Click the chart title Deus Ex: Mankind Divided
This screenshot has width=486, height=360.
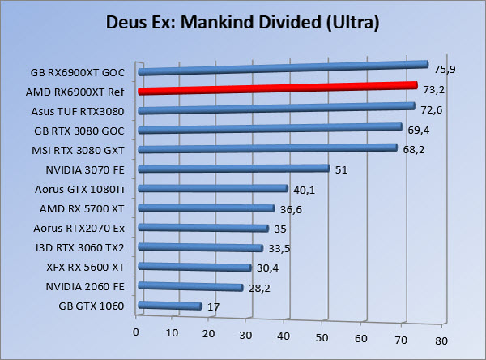click(x=243, y=21)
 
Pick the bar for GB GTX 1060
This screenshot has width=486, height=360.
click(x=170, y=306)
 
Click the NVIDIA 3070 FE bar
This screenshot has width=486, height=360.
click(x=234, y=169)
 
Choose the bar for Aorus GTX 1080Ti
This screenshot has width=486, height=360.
click(x=213, y=189)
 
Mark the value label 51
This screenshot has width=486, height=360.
click(x=341, y=170)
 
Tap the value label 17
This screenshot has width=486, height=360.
click(x=215, y=307)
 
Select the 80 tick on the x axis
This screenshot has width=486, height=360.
click(x=440, y=341)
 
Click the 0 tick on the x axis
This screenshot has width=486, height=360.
click(x=136, y=331)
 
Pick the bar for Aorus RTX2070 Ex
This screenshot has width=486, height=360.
click(x=203, y=229)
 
